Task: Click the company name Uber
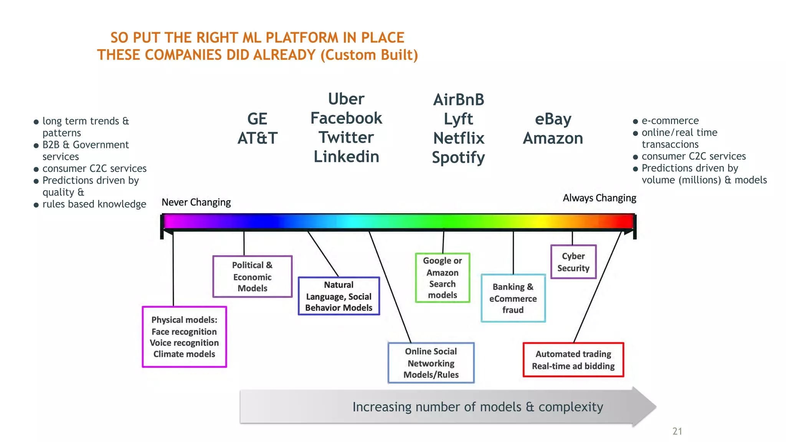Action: coord(346,99)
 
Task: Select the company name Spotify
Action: coord(458,157)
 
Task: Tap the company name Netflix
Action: coord(459,138)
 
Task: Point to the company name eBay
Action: coord(553,119)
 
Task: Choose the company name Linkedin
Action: coord(346,157)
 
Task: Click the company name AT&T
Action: coord(257,138)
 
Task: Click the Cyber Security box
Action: coord(573,262)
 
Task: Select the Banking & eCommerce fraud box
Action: coord(513,298)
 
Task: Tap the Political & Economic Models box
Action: coord(252,277)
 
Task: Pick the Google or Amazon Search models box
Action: coord(443,278)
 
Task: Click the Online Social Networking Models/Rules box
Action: coord(431,363)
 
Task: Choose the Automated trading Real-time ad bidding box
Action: coord(573,360)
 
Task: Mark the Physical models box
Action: coord(184,337)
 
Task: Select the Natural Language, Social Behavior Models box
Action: coord(339,296)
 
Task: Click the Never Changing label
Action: coord(196,202)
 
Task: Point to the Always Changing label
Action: coord(599,198)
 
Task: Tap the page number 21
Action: coord(677,431)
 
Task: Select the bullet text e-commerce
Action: coord(670,121)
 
